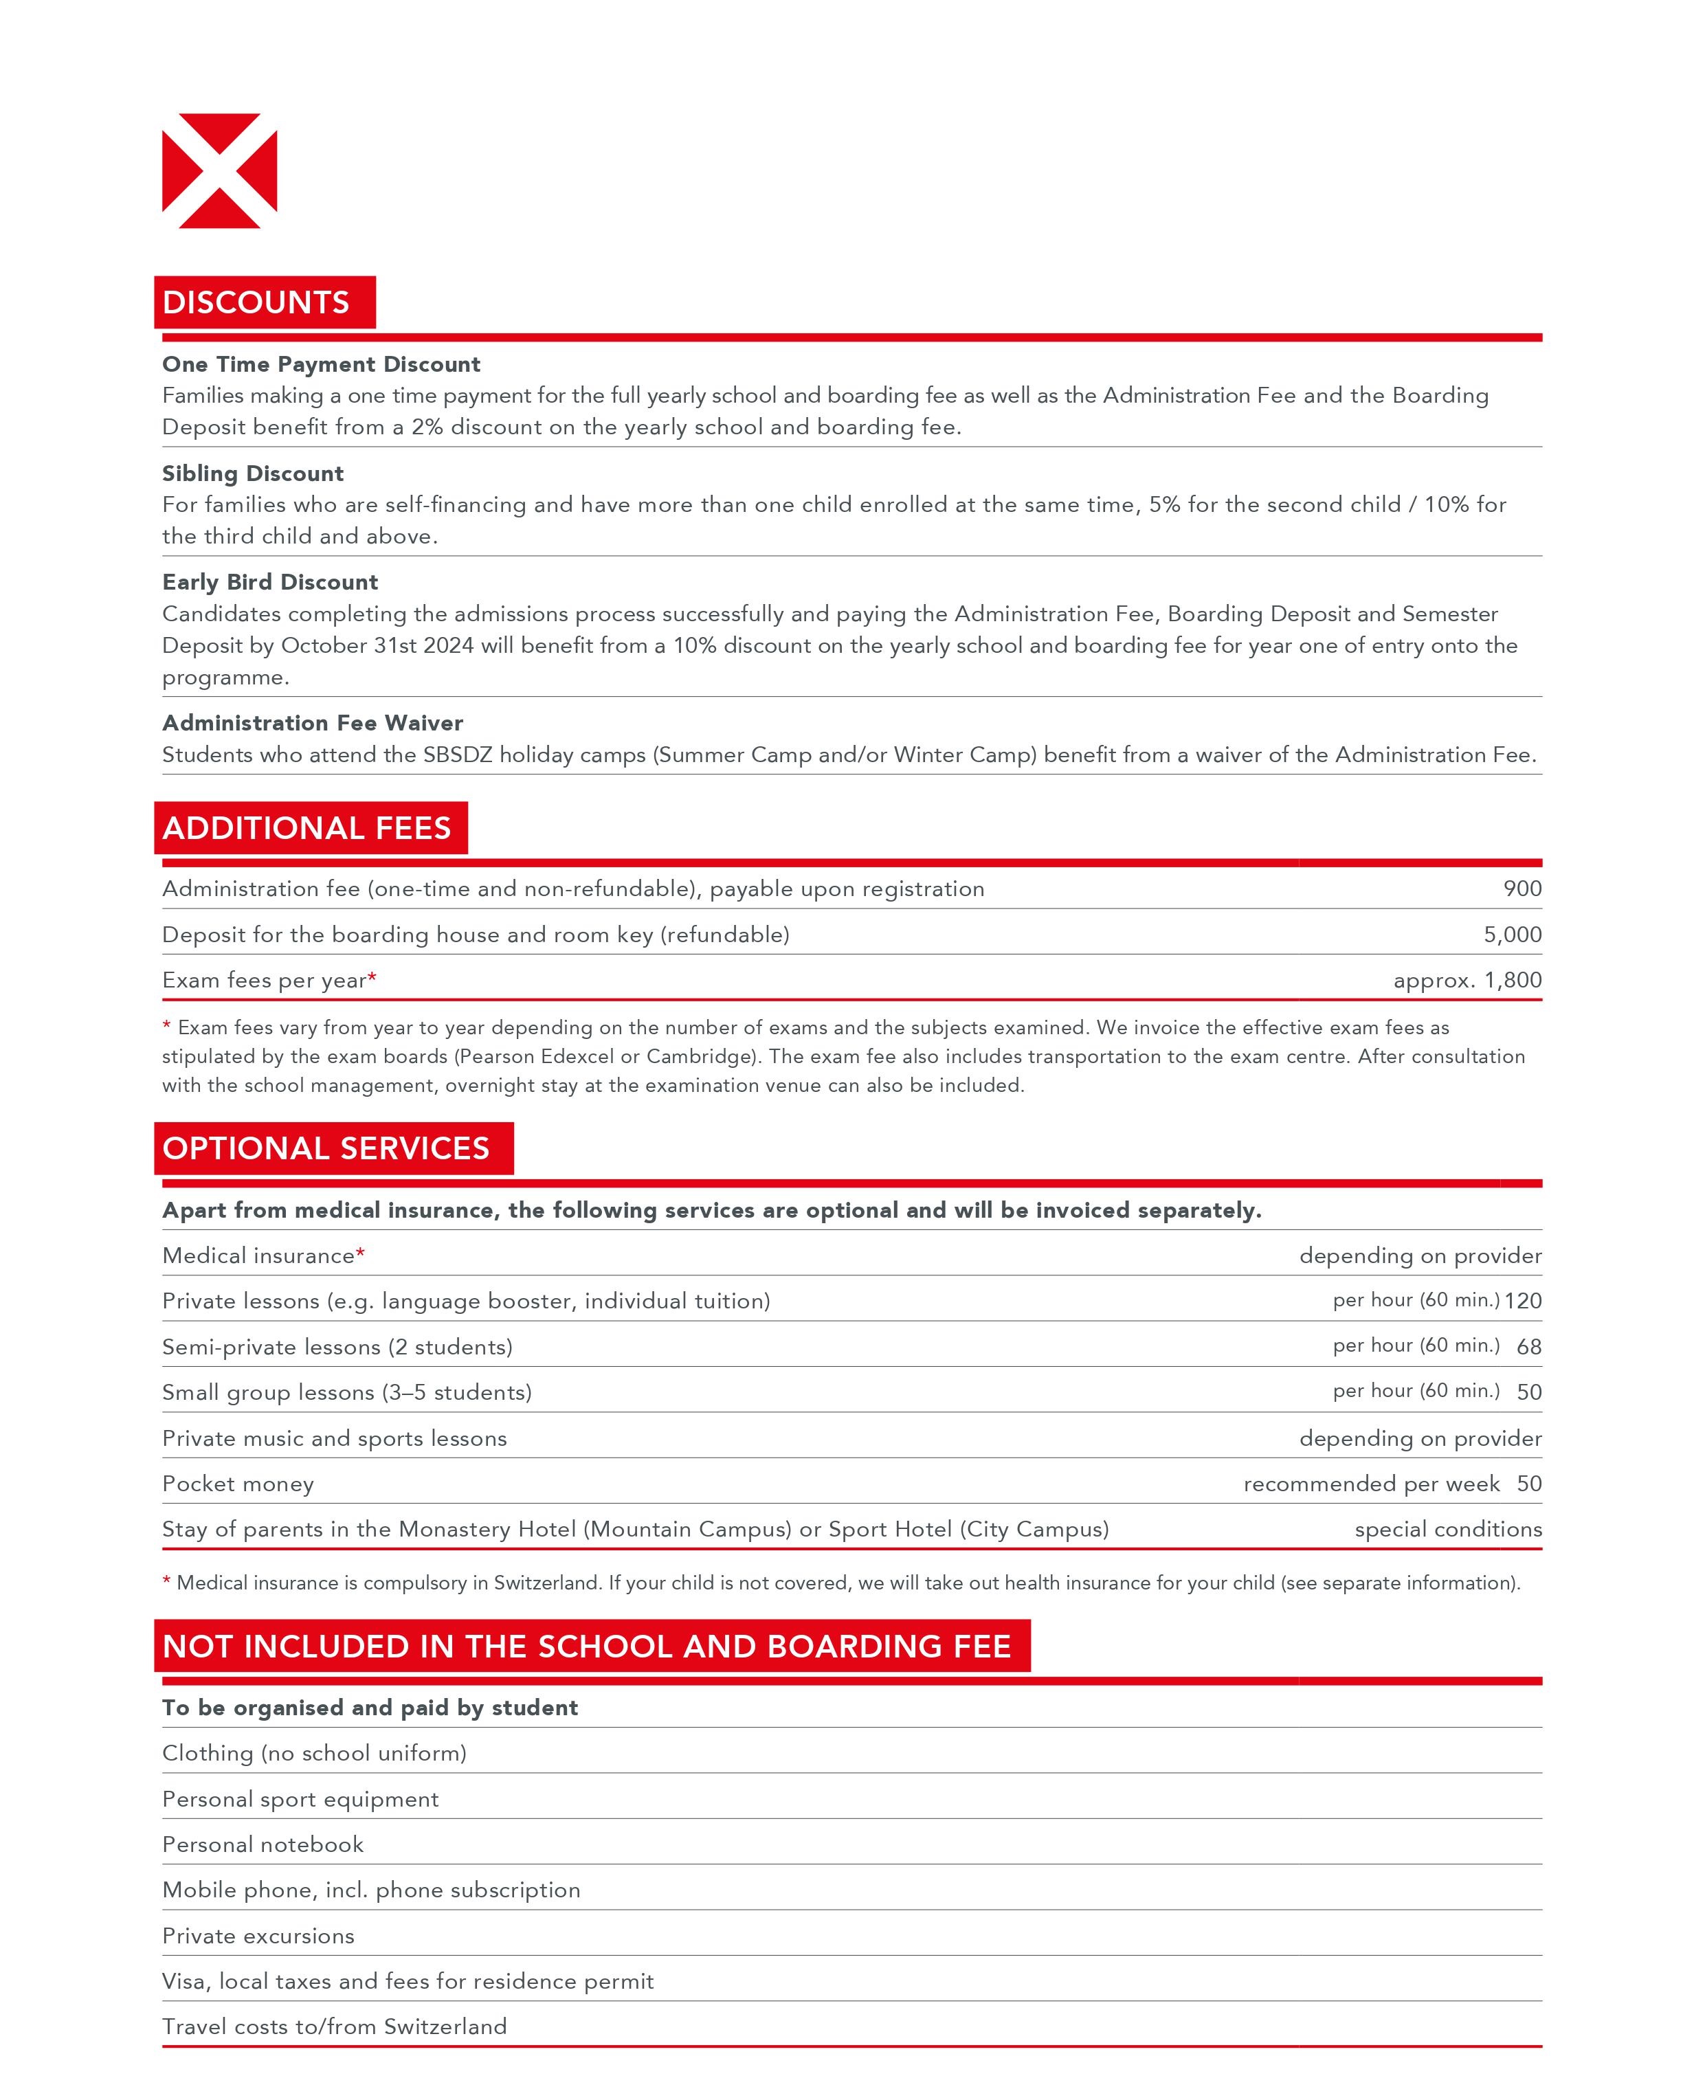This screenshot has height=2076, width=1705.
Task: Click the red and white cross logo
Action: [219, 171]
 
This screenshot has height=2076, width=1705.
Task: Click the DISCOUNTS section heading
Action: [256, 302]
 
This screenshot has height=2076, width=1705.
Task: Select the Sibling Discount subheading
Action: [252, 473]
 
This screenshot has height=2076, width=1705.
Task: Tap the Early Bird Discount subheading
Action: [270, 582]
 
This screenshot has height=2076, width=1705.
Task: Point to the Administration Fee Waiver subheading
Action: [312, 723]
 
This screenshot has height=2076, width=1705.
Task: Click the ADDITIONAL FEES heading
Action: [307, 828]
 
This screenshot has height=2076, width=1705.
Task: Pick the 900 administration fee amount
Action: [1522, 889]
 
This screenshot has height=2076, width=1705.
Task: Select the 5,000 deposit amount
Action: [1511, 935]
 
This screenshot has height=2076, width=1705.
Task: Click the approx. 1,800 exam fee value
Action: [1467, 980]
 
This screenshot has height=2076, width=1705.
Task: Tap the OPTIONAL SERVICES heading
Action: [326, 1148]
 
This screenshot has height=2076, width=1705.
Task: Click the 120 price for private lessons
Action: [1522, 1301]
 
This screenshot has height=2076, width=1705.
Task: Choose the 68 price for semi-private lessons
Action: [1528, 1348]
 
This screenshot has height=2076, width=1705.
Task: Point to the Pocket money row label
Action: [238, 1484]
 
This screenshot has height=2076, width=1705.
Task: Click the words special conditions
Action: [1448, 1529]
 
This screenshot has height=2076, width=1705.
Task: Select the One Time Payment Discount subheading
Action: [321, 364]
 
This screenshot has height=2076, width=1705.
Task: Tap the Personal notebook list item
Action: [263, 1844]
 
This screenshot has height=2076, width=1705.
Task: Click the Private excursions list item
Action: [258, 1936]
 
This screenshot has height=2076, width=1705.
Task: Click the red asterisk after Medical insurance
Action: [360, 1254]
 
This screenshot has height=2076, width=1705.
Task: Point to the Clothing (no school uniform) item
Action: [314, 1753]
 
